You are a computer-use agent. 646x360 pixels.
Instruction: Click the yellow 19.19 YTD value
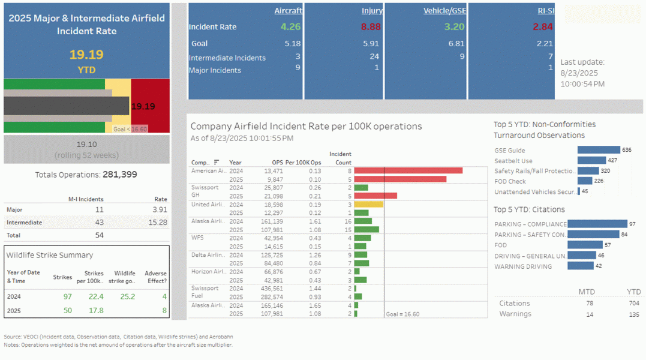(x=86, y=55)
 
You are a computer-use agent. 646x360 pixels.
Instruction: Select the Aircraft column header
(x=288, y=11)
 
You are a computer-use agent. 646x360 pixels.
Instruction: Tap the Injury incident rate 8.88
(x=371, y=26)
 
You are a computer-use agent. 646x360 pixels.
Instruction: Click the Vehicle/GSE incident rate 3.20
(x=454, y=26)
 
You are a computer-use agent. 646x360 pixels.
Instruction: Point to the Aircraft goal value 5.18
(x=292, y=43)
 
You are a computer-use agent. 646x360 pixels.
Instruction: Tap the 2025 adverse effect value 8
(x=164, y=310)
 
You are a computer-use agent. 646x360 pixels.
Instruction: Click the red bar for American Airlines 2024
(x=408, y=170)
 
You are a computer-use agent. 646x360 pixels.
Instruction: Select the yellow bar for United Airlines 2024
(x=368, y=204)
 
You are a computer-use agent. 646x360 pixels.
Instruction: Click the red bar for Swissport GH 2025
(x=375, y=196)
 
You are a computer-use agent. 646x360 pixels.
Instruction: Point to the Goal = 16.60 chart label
(x=402, y=314)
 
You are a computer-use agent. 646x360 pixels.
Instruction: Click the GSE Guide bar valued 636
(x=598, y=150)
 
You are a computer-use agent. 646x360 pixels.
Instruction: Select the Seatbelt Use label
(x=513, y=161)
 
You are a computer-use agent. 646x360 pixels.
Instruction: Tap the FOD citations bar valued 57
(x=585, y=245)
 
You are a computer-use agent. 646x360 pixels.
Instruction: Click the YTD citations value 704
(x=633, y=304)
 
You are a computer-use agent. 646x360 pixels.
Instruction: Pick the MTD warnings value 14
(x=589, y=314)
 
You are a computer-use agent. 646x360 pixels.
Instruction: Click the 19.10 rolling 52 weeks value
(x=86, y=145)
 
